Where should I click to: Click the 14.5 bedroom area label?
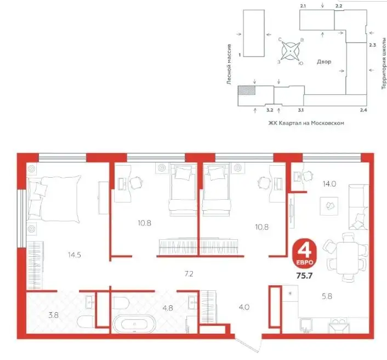(x=75, y=255)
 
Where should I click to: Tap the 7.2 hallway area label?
(x=189, y=274)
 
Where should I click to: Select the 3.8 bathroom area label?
(x=53, y=315)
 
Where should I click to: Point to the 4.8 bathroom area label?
(x=168, y=308)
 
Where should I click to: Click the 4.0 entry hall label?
(x=244, y=307)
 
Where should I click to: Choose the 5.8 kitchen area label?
(x=327, y=296)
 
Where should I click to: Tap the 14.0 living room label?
(x=329, y=184)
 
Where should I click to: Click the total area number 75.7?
(x=304, y=275)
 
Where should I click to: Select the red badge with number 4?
(x=304, y=254)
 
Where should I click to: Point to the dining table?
(x=348, y=258)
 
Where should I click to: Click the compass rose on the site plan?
(x=291, y=51)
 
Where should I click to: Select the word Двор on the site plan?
(x=324, y=62)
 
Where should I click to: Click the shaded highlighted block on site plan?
(x=247, y=90)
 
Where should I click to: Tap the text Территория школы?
(x=384, y=64)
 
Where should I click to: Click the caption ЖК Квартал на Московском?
(x=306, y=123)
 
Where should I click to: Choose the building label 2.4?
(x=363, y=110)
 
